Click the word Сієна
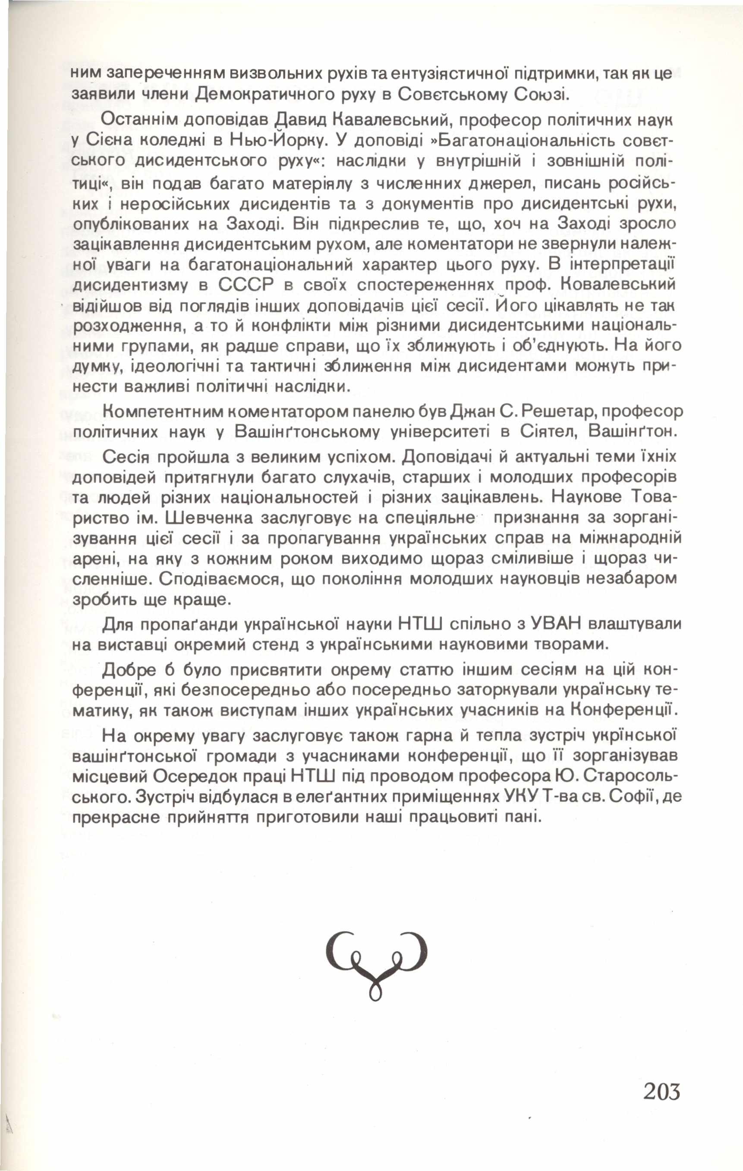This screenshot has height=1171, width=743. pos(110,141)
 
